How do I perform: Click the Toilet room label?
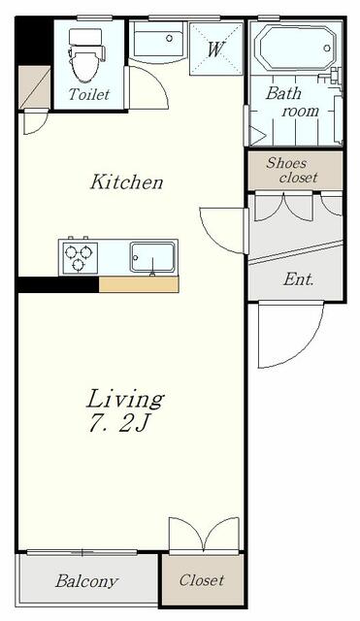(88, 94)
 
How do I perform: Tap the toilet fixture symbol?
(85, 54)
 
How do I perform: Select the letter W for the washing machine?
(215, 49)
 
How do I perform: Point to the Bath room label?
(292, 103)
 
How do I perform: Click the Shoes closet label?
(292, 171)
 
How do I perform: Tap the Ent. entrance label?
(298, 279)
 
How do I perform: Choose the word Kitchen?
(126, 182)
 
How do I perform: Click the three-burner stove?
(79, 256)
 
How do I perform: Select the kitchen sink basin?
(152, 258)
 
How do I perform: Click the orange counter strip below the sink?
(139, 284)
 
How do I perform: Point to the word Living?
(125, 399)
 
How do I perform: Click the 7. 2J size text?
(118, 424)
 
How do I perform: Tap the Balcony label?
(86, 581)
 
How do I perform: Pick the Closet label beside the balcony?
(202, 580)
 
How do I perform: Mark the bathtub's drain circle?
(327, 49)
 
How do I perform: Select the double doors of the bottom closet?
(204, 534)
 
